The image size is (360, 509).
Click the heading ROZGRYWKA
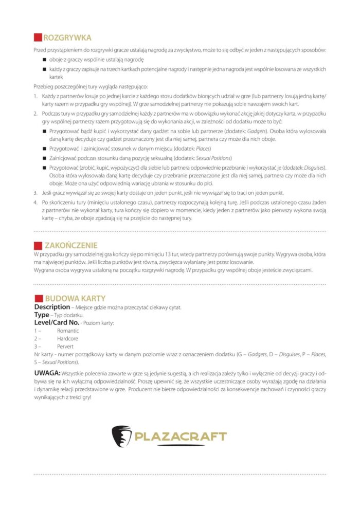(x=67, y=38)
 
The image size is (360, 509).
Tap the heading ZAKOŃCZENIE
(x=71, y=245)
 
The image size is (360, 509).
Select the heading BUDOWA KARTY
(x=75, y=298)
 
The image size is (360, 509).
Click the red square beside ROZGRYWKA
(x=37, y=38)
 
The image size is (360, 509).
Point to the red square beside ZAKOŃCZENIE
(x=37, y=245)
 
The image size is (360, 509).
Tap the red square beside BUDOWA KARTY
(x=37, y=298)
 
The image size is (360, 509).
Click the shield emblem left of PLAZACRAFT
(x=122, y=436)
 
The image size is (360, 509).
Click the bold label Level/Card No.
(x=57, y=322)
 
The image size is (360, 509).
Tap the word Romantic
(x=68, y=331)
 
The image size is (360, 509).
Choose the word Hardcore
(x=68, y=339)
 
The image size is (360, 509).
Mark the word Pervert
(x=65, y=347)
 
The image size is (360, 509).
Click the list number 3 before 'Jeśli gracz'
(x=36, y=192)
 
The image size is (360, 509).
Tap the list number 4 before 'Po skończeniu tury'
(x=36, y=202)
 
